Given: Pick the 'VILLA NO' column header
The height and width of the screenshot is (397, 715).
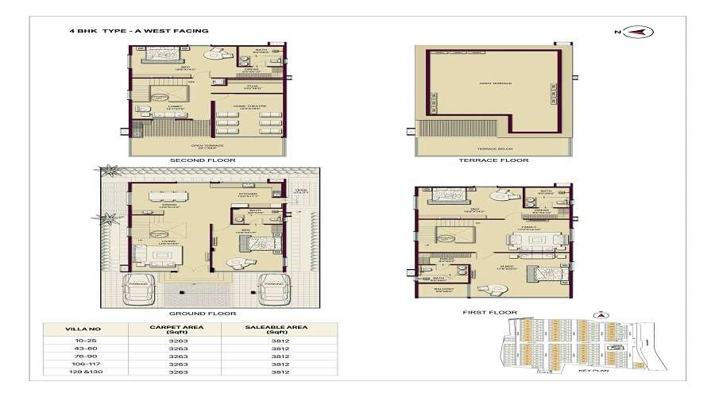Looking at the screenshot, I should tap(83, 327).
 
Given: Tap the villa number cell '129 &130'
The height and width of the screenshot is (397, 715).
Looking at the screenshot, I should tap(83, 372).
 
